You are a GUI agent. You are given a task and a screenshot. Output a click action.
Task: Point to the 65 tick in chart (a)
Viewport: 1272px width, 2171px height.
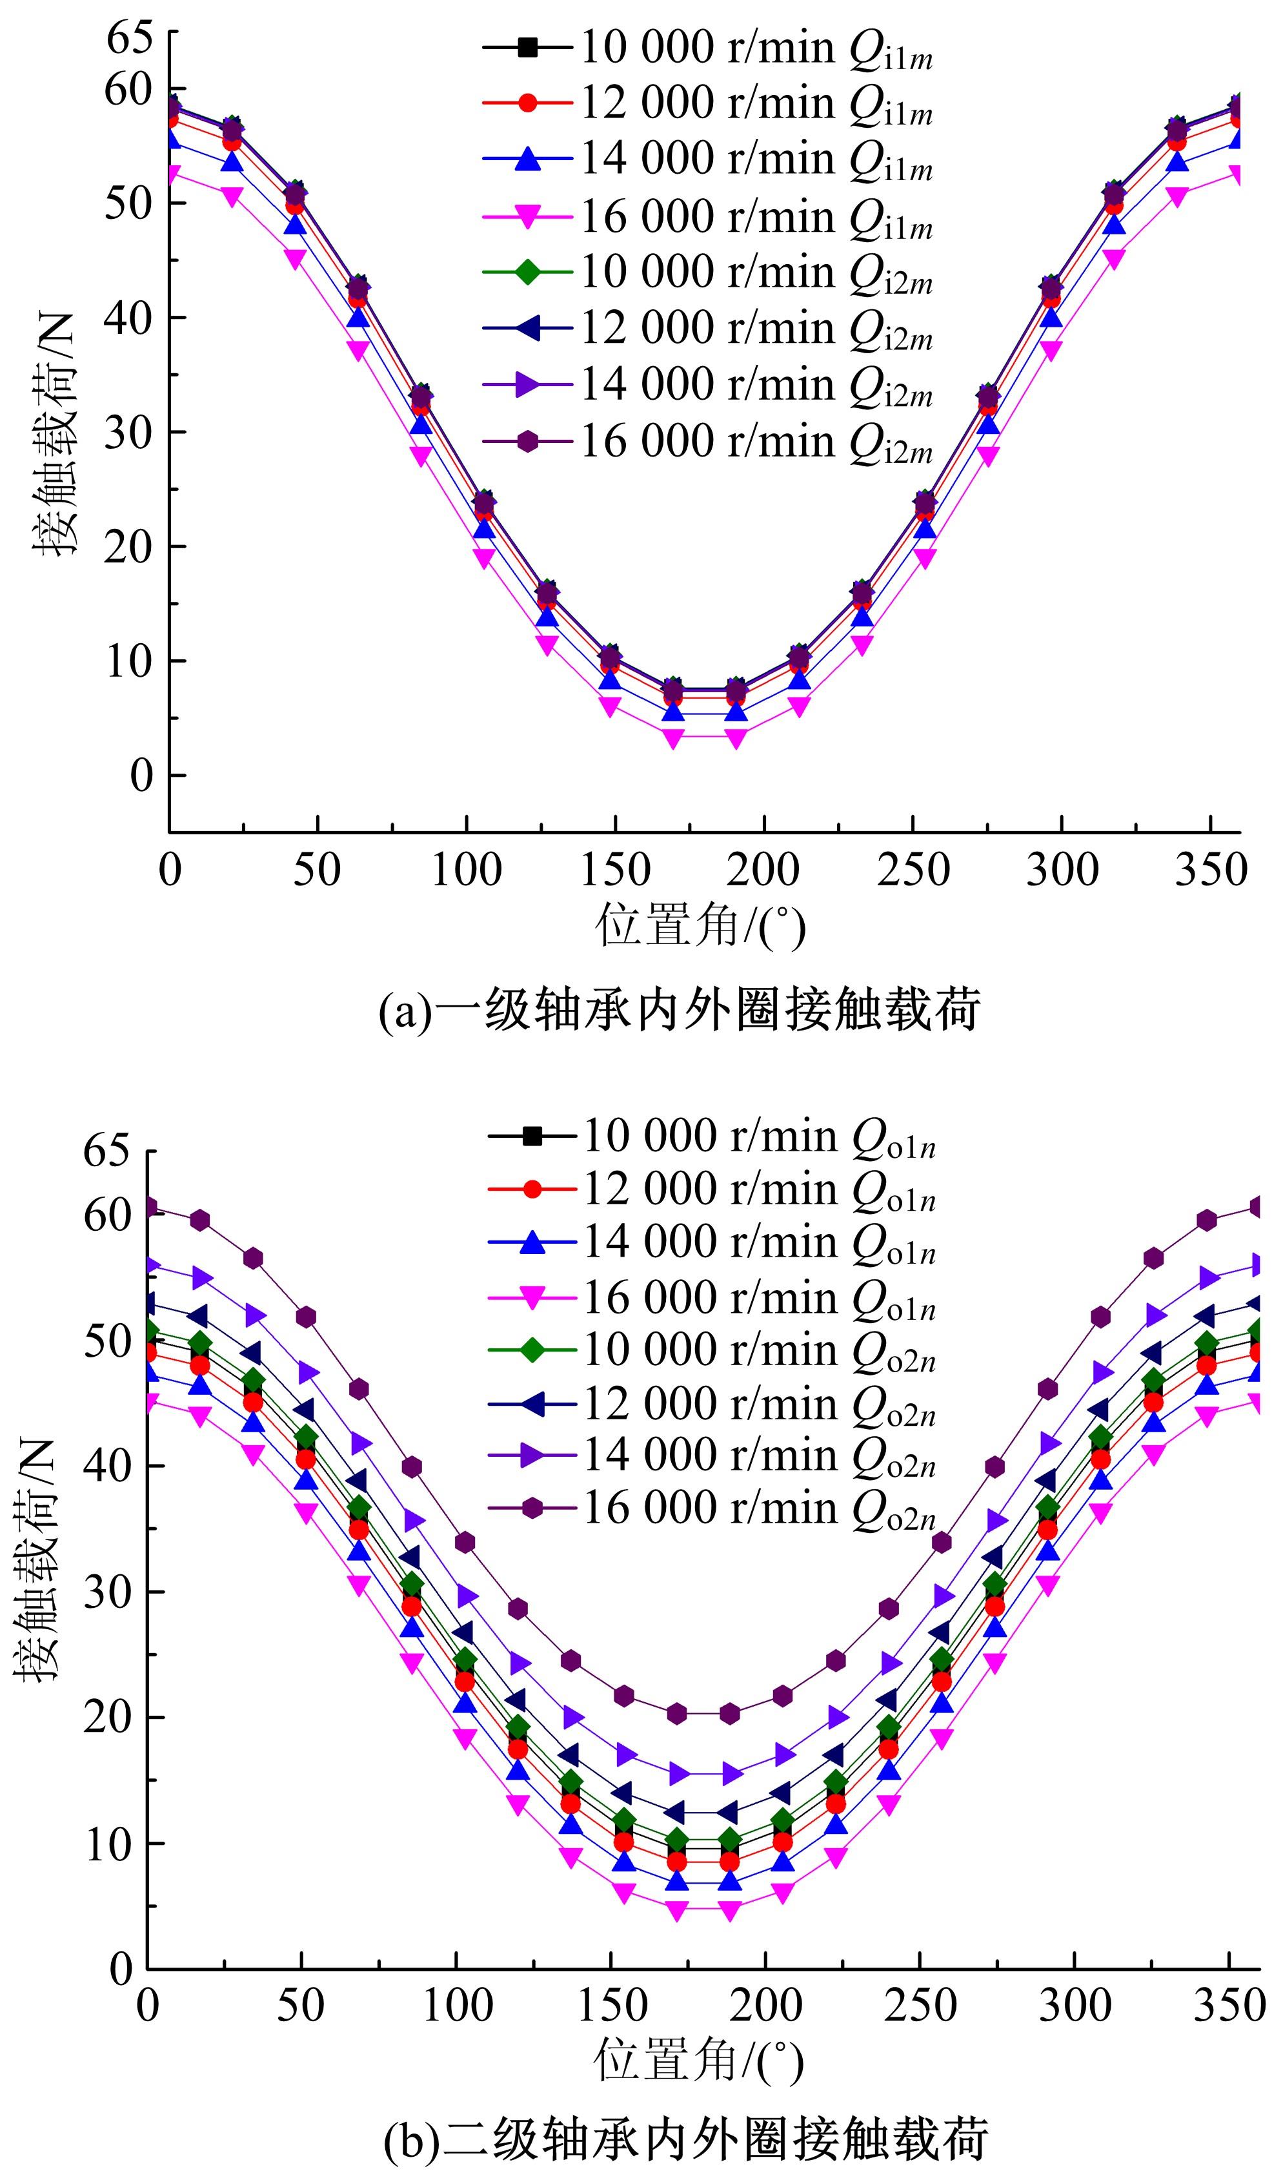point(129,38)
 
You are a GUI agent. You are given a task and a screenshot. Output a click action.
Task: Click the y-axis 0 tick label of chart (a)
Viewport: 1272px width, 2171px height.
point(141,776)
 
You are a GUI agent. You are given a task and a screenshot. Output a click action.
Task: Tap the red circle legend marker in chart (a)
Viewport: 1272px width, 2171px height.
point(529,103)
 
